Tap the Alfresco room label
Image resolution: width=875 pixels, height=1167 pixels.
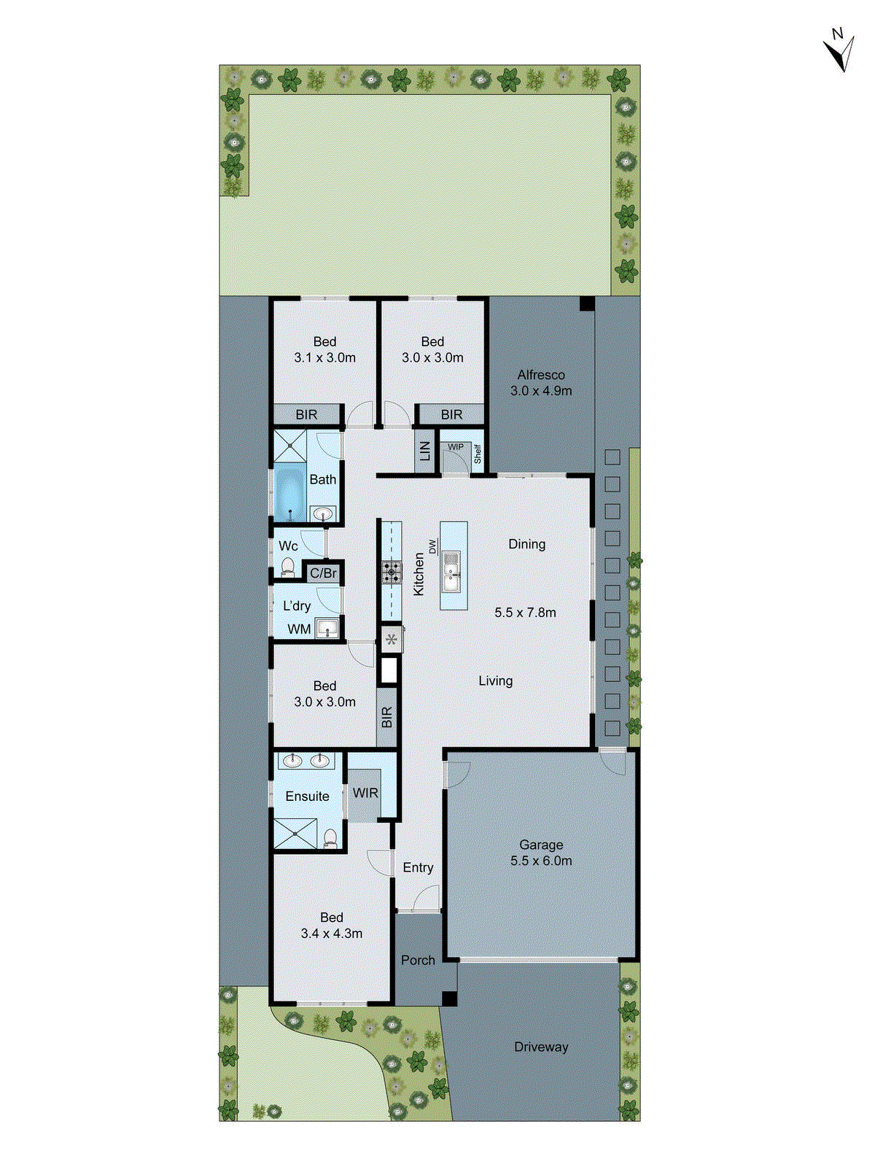click(x=541, y=375)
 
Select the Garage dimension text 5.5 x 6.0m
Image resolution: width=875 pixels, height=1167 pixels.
click(x=541, y=861)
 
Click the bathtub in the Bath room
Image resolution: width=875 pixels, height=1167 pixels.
click(x=290, y=492)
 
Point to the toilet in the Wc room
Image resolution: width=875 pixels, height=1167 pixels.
click(x=287, y=567)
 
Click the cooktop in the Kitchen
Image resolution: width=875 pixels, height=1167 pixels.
click(x=392, y=572)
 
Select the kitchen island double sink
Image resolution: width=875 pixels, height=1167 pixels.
click(x=451, y=571)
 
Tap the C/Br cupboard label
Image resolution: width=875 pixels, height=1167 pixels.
click(x=323, y=573)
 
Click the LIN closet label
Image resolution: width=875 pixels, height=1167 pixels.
click(x=424, y=451)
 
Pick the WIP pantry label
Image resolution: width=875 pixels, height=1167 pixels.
click(x=456, y=447)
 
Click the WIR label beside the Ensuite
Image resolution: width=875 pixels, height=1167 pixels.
click(x=365, y=793)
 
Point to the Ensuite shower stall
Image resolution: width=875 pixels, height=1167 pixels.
click(x=295, y=834)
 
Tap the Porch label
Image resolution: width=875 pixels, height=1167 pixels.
click(x=418, y=961)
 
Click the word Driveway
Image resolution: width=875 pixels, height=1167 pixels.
click(x=541, y=1047)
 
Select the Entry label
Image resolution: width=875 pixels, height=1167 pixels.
click(x=418, y=868)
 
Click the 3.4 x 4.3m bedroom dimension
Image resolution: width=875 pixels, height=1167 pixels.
click(x=331, y=934)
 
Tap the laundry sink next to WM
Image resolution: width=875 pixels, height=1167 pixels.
click(x=327, y=628)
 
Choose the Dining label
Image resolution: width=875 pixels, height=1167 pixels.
click(x=526, y=544)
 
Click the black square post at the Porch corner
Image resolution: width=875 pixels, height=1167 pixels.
click(x=449, y=999)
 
